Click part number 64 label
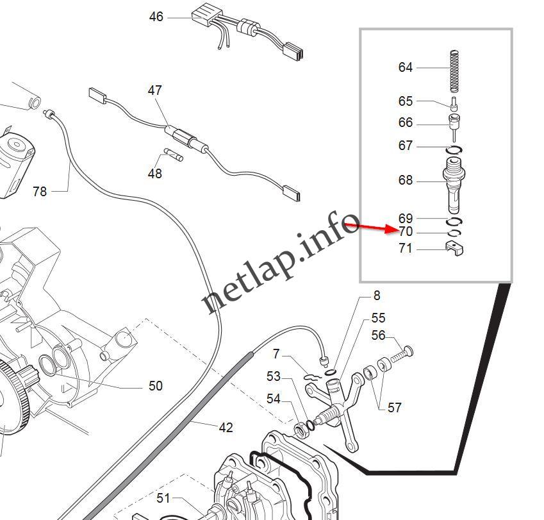[x=406, y=67]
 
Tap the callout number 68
[x=406, y=180]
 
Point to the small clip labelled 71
[x=454, y=248]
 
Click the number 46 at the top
[x=156, y=17]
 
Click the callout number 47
[x=155, y=90]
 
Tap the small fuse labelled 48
[x=174, y=155]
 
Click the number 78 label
[x=40, y=191]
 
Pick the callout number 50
[x=155, y=386]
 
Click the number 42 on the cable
[x=226, y=427]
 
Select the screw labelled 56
[x=400, y=352]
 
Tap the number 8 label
[x=377, y=296]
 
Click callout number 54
[x=274, y=399]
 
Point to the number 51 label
[x=164, y=498]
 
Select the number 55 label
[x=379, y=318]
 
